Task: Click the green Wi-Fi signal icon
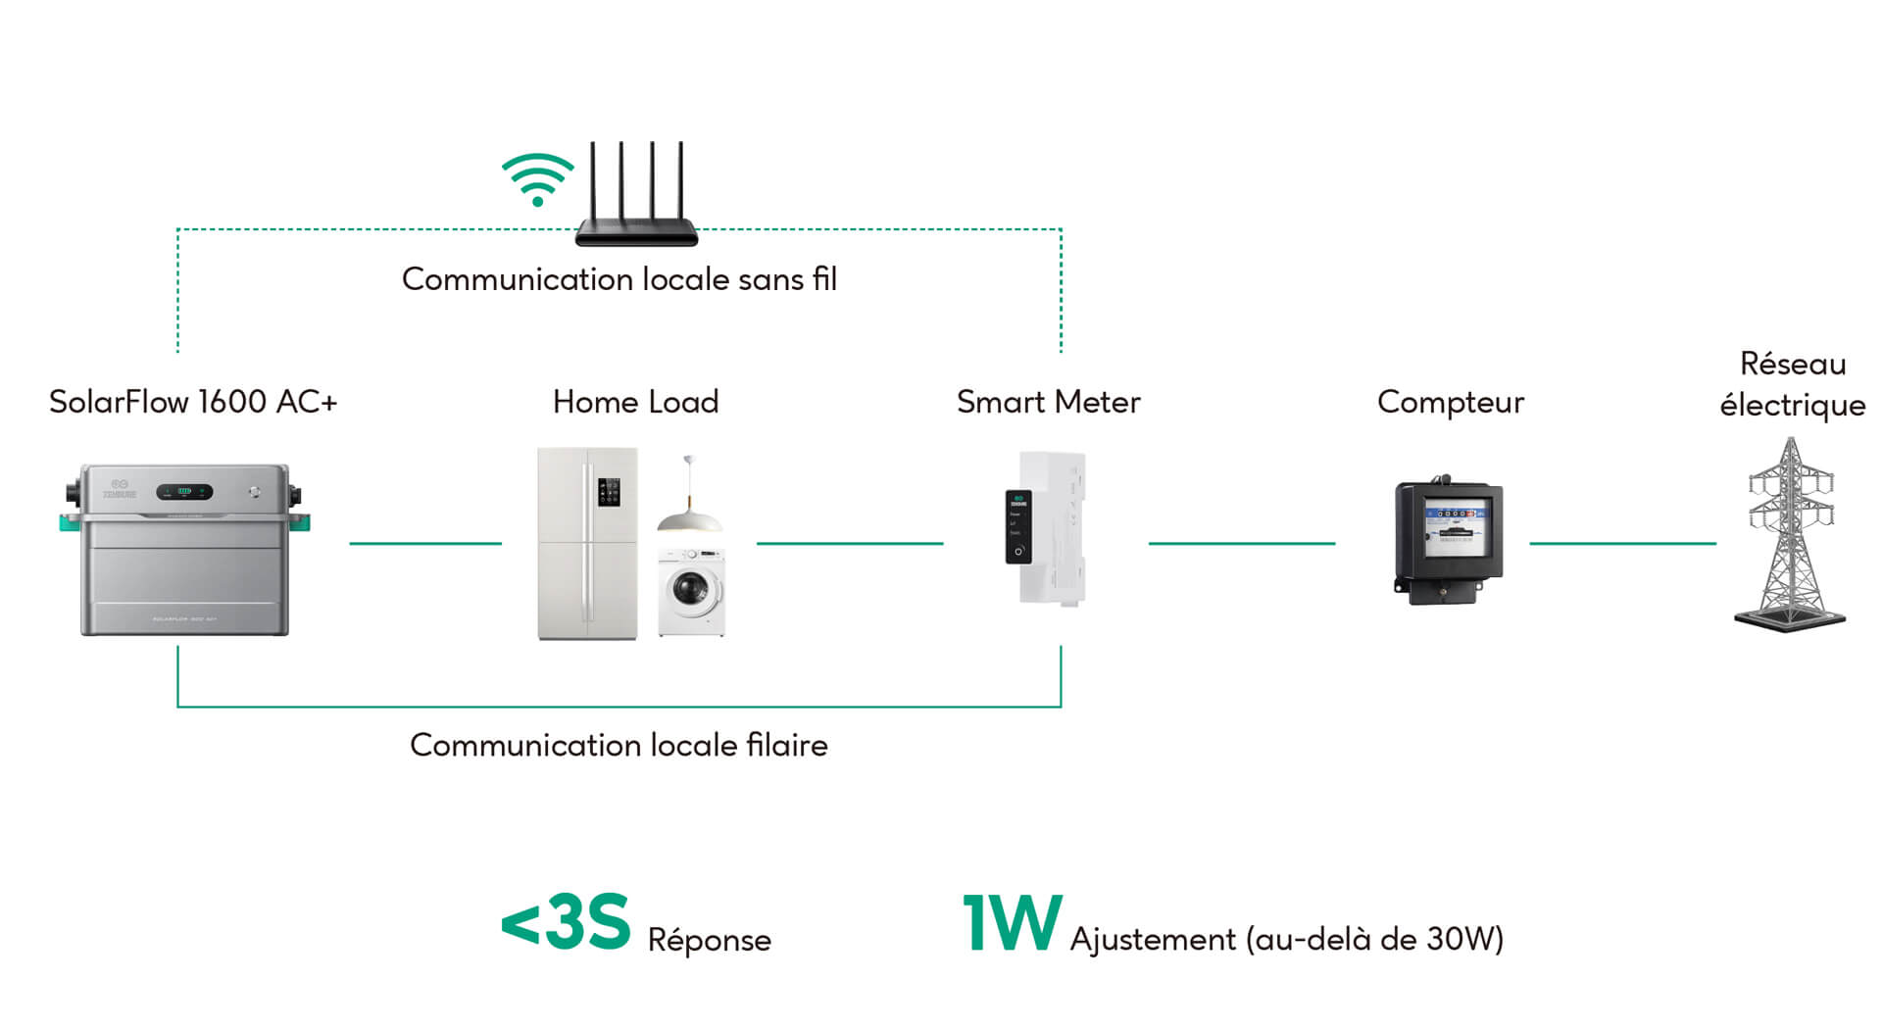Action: coord(537,179)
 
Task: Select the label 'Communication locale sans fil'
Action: coord(619,279)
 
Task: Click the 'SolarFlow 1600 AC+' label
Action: coord(193,402)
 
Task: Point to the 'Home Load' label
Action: coord(635,402)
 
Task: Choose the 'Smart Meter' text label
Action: coord(1048,402)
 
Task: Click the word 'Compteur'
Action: coord(1450,402)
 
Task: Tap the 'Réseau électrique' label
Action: coord(1792,384)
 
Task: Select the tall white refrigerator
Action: coord(587,544)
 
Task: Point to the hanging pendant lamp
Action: coord(689,505)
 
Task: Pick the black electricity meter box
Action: coord(1448,539)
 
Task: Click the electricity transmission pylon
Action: coord(1790,534)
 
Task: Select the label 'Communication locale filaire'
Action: coord(619,745)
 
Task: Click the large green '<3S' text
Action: coord(566,922)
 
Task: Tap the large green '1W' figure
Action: coord(1012,922)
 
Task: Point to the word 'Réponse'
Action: coord(709,940)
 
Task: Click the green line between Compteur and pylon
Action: coord(1622,543)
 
